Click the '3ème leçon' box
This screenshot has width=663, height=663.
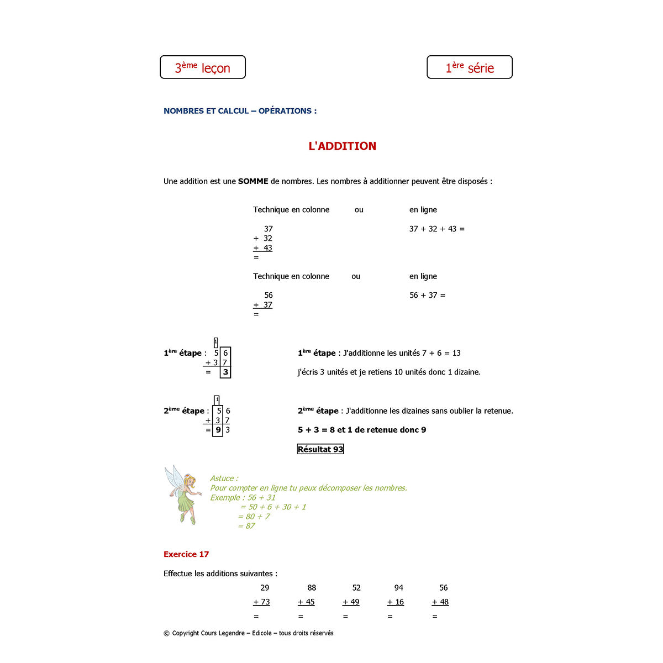[203, 67]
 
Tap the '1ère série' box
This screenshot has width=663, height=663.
[470, 67]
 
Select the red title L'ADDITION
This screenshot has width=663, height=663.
[342, 146]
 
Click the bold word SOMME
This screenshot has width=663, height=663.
[253, 181]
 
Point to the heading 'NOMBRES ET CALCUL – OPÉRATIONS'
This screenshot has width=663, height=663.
[240, 111]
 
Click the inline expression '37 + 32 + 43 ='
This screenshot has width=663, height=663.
[436, 229]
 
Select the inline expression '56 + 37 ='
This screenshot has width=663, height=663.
[427, 295]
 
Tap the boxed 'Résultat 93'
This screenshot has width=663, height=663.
[320, 449]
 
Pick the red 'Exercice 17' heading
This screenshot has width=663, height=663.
[186, 554]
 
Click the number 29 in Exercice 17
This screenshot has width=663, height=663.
[265, 588]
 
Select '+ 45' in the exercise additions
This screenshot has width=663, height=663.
[306, 602]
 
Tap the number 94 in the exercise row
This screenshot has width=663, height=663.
[399, 588]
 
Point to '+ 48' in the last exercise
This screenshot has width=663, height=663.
[440, 602]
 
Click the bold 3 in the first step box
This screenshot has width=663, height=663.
[225, 372]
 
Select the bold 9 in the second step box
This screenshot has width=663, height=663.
[218, 430]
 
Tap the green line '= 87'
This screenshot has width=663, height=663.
[246, 526]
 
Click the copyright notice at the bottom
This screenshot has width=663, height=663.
[249, 633]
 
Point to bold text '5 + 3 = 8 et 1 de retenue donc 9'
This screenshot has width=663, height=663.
[362, 430]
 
